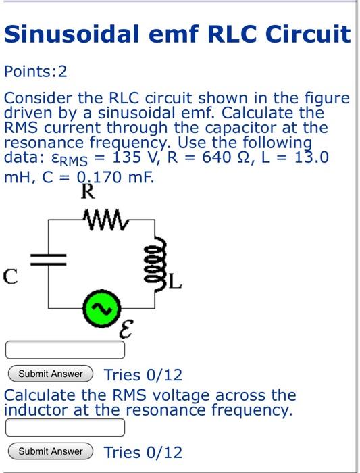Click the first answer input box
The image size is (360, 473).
66,349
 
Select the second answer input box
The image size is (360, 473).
66,428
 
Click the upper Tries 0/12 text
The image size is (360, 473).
143,374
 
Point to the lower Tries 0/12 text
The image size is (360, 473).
143,452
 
